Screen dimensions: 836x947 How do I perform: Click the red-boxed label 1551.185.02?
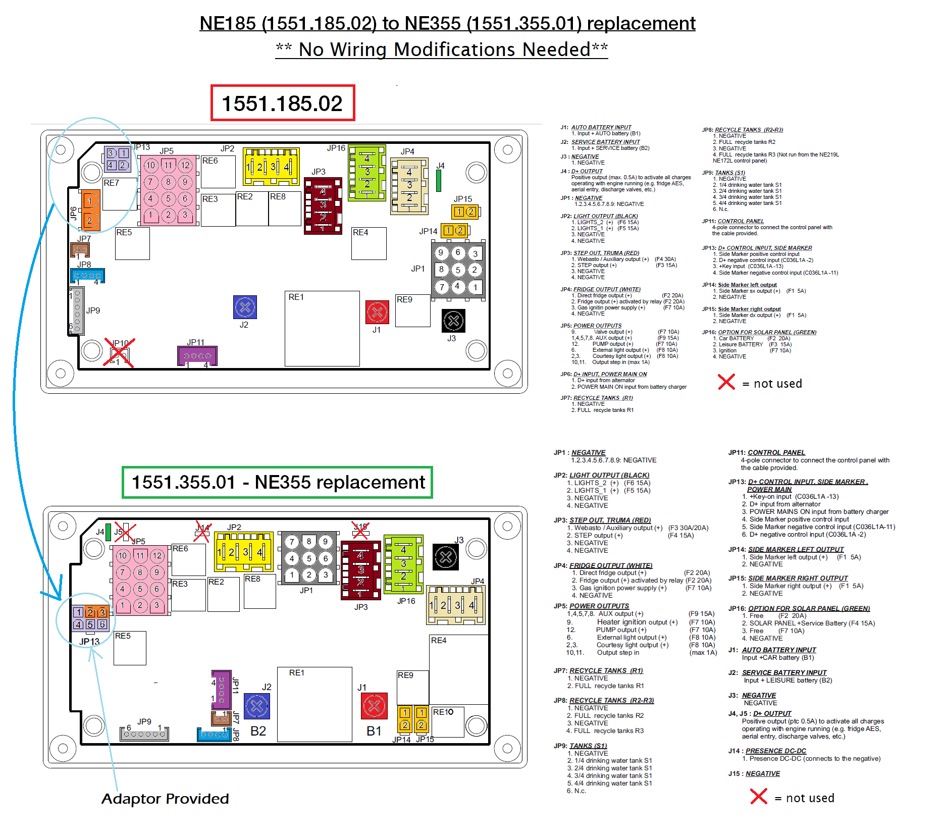click(282, 103)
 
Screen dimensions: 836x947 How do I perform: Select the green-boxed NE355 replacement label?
click(277, 482)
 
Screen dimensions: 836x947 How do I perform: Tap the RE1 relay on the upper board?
click(322, 328)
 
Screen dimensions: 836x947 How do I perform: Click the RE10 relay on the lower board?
click(447, 721)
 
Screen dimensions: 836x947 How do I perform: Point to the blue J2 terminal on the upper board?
click(245, 307)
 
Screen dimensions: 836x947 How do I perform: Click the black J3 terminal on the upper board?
click(453, 321)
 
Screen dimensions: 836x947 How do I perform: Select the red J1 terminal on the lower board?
click(374, 705)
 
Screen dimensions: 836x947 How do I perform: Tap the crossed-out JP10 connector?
click(120, 352)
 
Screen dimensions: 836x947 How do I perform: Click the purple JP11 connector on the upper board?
click(197, 356)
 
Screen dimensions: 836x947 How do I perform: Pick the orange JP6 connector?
click(90, 210)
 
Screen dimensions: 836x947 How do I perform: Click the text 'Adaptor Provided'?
click(165, 799)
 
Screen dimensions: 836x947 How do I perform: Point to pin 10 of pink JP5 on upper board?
click(150, 165)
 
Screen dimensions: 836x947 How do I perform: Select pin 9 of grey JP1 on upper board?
click(441, 253)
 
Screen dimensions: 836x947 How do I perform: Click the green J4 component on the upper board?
click(439, 181)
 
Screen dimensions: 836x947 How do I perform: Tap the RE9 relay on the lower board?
click(412, 687)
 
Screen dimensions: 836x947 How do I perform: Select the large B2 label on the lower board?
click(258, 731)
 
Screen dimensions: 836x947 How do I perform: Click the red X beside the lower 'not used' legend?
click(758, 797)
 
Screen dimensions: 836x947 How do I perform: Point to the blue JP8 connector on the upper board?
click(87, 276)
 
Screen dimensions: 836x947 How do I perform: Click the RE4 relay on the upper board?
click(369, 243)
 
